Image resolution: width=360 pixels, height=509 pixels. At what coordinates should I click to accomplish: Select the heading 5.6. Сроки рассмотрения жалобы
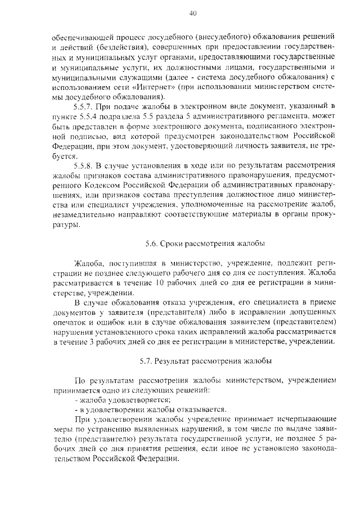click(201, 244)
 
